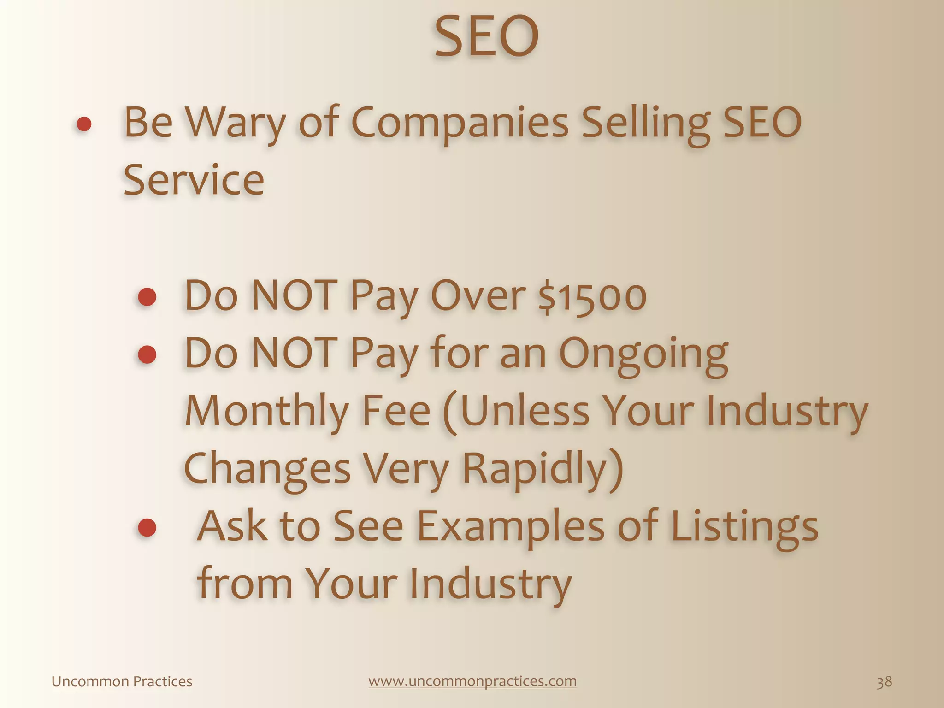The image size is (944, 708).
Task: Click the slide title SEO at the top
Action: [x=486, y=37]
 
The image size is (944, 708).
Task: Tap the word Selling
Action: [x=644, y=124]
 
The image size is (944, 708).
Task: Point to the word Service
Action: [x=194, y=180]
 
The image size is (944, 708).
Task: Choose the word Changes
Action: [x=267, y=469]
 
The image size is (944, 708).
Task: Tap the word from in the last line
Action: [x=245, y=583]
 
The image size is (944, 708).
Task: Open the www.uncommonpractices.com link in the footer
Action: [x=472, y=681]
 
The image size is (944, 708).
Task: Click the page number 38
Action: [x=884, y=682]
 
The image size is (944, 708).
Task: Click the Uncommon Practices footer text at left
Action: [x=122, y=682]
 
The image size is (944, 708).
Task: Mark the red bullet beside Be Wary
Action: [x=84, y=124]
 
